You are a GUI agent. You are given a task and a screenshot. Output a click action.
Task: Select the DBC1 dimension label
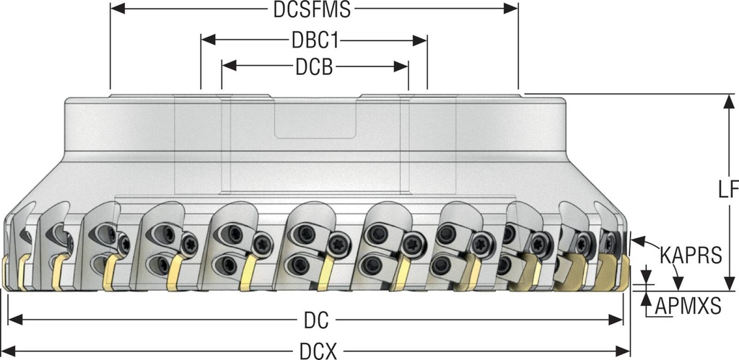[x=313, y=39]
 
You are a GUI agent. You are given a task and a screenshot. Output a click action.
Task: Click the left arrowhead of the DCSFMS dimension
[x=115, y=9]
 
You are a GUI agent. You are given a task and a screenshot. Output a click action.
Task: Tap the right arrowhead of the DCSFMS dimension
[x=512, y=9]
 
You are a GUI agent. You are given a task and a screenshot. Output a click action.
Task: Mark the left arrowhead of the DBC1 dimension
[x=206, y=39]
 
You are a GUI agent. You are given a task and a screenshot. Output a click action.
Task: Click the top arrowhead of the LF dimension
[x=725, y=100]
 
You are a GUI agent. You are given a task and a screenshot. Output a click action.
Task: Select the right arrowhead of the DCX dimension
[x=625, y=351]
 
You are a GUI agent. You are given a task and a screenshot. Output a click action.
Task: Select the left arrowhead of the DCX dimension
[x=9, y=351]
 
